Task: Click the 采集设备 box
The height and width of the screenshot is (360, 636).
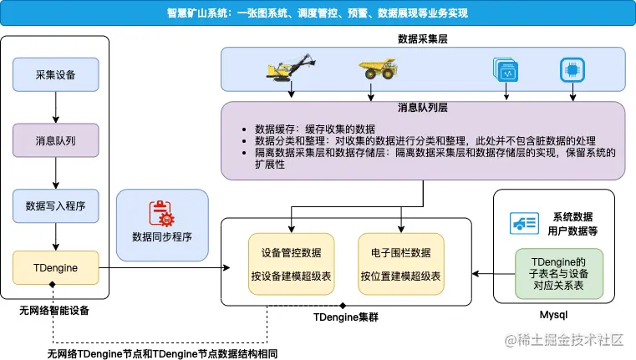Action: (55, 76)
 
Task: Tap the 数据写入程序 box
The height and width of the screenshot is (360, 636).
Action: (55, 205)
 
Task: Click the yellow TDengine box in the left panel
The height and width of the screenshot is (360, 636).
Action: (55, 268)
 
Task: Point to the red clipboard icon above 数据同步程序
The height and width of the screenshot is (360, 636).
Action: (160, 212)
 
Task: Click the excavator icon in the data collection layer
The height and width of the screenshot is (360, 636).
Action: (289, 68)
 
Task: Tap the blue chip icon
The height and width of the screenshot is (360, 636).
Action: (572, 70)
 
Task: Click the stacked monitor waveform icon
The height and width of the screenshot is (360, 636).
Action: (506, 70)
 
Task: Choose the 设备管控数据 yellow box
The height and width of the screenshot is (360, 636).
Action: (291, 263)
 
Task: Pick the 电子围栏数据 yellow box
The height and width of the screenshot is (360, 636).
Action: (400, 263)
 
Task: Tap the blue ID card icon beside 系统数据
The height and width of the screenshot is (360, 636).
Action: (523, 222)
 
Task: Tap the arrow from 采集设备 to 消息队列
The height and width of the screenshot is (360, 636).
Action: (55, 108)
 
